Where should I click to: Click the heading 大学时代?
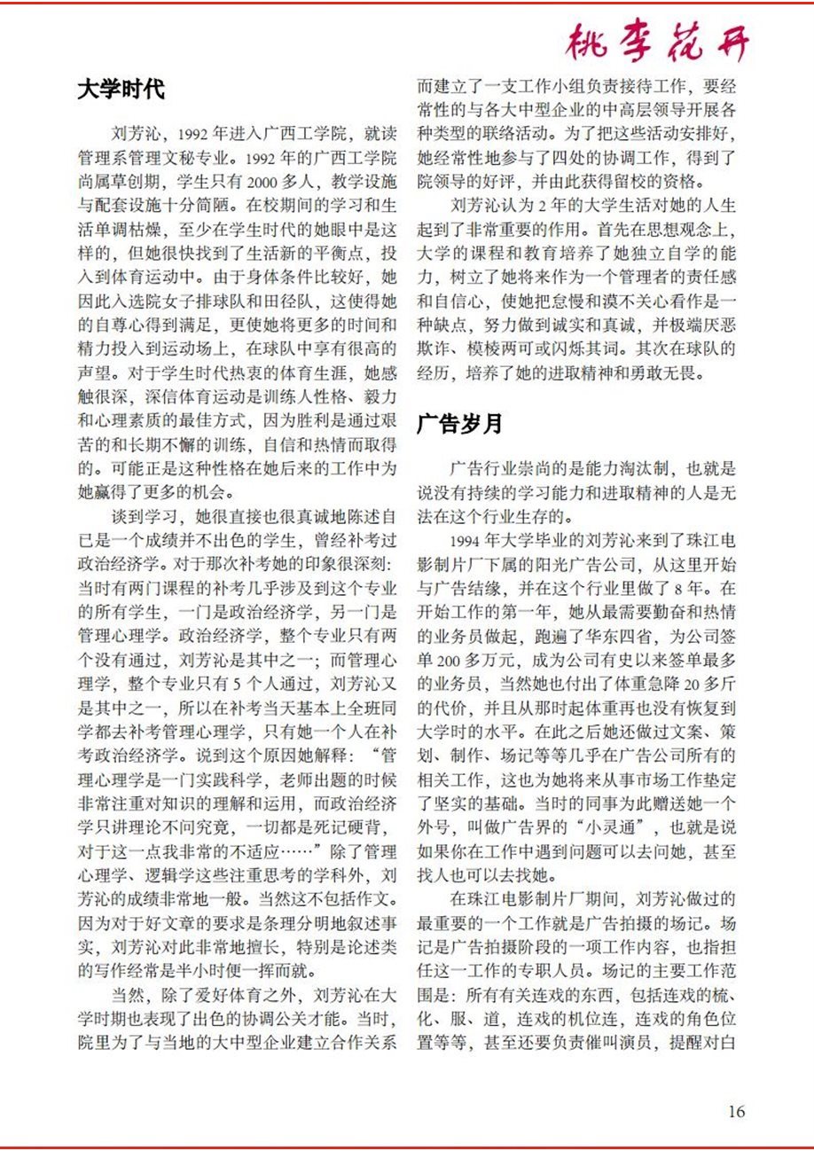(x=121, y=90)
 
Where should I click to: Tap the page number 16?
(x=736, y=1111)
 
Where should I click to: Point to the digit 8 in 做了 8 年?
(x=689, y=587)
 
